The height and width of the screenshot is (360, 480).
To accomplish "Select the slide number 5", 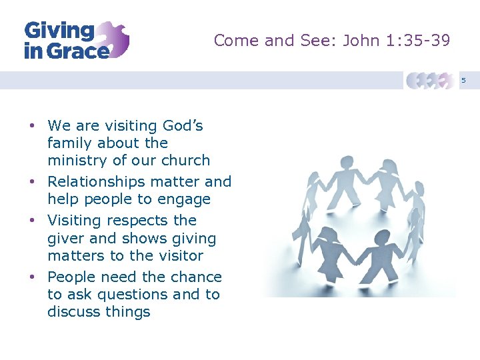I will click(464, 81).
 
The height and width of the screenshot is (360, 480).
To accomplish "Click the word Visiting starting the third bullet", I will click(75, 220).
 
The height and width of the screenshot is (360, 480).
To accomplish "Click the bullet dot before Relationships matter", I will click(31, 182).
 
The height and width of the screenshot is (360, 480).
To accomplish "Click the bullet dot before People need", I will click(31, 277).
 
